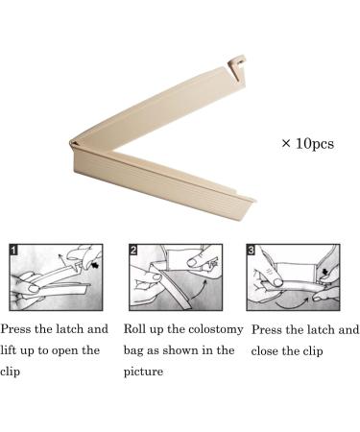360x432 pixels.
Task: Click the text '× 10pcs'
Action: (x=308, y=144)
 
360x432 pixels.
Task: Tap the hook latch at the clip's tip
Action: (x=237, y=65)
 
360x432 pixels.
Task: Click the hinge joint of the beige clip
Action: (x=74, y=144)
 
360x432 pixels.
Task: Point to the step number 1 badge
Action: (x=13, y=250)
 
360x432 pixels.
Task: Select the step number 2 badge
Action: (x=133, y=250)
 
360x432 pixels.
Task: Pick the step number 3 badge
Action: (x=252, y=250)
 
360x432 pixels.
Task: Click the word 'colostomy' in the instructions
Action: (x=216, y=330)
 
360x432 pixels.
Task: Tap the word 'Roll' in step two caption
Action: (x=131, y=329)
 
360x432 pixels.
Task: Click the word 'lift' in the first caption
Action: (x=9, y=350)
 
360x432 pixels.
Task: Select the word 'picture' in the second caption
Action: (x=143, y=372)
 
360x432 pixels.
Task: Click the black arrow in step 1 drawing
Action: (x=94, y=265)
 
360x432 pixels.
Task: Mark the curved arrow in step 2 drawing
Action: (x=199, y=289)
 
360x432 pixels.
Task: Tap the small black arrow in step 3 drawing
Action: (x=325, y=272)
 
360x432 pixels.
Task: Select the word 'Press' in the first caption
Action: (x=15, y=329)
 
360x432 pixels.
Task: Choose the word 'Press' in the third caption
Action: (x=267, y=329)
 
